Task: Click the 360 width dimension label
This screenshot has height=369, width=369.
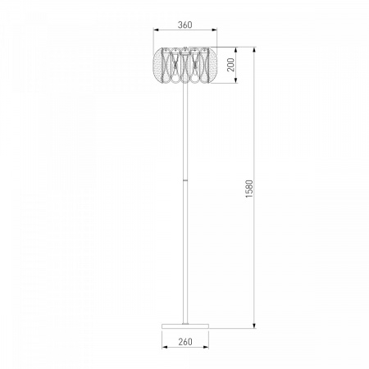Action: pyautogui.click(x=185, y=25)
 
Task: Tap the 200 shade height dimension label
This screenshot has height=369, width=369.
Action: pyautogui.click(x=231, y=65)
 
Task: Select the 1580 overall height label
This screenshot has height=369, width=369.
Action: pyautogui.click(x=249, y=189)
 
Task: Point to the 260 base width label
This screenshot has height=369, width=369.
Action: pyautogui.click(x=185, y=342)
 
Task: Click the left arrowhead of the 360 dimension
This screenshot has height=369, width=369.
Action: pyautogui.click(x=156, y=30)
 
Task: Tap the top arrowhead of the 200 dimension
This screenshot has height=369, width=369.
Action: pyautogui.click(x=236, y=50)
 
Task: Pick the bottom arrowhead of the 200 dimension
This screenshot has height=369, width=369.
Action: pyautogui.click(x=236, y=80)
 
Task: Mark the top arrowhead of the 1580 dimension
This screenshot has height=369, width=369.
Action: pyautogui.click(x=254, y=50)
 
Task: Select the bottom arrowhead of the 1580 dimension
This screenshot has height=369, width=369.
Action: pyautogui.click(x=254, y=326)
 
